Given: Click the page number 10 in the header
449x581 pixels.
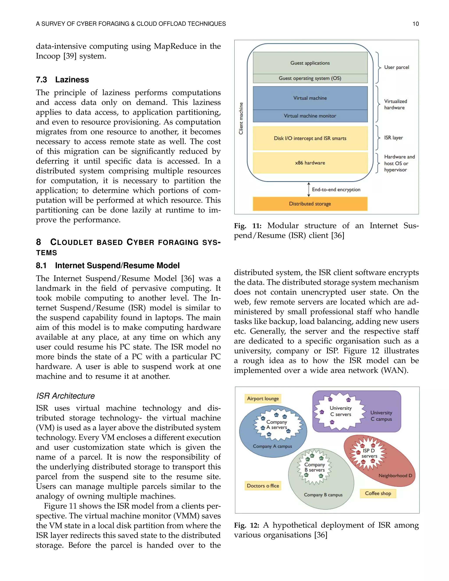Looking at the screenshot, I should point(415,24).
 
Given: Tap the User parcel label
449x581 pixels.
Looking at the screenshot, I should point(396,67).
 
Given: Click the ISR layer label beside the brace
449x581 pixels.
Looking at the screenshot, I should point(393,138).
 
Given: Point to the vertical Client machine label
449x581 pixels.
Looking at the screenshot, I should point(241,118).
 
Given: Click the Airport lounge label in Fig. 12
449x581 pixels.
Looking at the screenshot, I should point(263,399).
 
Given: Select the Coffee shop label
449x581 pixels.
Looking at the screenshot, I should point(378,493).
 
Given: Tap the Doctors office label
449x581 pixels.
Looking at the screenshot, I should point(263,486).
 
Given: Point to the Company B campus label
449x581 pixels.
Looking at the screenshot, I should point(323,495).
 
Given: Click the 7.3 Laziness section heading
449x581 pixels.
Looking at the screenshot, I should point(62,80).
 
